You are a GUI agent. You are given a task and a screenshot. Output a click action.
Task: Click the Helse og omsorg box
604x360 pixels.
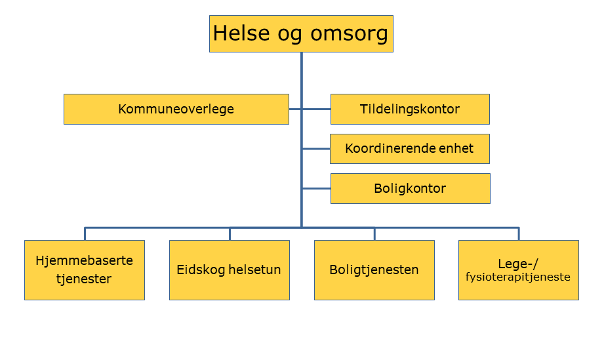point(301,33)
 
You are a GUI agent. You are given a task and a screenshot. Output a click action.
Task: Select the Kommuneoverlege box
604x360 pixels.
point(176,109)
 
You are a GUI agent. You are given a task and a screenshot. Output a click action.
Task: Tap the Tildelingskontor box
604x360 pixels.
point(410,109)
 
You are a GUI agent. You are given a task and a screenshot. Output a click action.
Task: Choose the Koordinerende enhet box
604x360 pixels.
point(410,149)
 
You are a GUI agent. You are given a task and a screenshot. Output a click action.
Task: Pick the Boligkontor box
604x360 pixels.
point(411,188)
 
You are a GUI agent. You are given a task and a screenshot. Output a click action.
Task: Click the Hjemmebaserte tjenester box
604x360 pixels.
point(85,270)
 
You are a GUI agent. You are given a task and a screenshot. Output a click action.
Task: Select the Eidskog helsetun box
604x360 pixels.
point(230,270)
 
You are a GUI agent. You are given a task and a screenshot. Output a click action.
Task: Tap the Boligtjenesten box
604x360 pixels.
point(374,270)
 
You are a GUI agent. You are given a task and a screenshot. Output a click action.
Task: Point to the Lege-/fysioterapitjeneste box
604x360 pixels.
point(519,270)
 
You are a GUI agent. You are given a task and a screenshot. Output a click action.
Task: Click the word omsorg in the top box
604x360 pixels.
point(349,33)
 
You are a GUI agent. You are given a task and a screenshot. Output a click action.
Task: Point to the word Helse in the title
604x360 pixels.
point(241,33)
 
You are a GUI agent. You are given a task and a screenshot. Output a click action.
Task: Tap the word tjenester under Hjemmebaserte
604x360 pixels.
point(84,279)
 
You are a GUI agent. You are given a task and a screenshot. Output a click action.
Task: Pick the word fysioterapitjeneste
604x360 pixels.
point(518,277)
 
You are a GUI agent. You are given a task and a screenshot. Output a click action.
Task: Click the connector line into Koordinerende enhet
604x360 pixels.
point(316,149)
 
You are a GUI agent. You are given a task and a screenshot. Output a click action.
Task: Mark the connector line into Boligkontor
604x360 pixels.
point(317,188)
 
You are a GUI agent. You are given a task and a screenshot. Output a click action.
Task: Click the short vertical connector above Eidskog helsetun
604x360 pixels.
point(230,234)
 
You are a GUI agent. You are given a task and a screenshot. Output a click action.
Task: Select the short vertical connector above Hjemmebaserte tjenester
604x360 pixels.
point(85,234)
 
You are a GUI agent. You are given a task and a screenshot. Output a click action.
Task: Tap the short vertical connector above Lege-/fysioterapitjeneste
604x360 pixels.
point(519,234)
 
